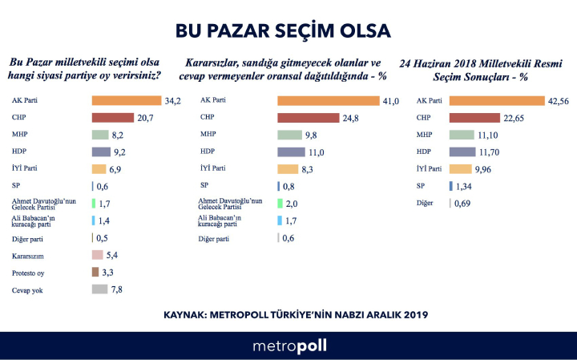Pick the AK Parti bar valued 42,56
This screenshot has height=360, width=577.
tap(497, 101)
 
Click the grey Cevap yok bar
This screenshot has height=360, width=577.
tap(100, 289)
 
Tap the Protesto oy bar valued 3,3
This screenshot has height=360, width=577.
tap(95, 272)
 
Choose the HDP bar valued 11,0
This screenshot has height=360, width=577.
tap(291, 152)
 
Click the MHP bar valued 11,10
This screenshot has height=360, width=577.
tap(462, 135)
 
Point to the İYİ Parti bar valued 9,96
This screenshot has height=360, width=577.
tap(461, 168)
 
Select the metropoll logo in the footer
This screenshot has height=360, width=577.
tap(289, 346)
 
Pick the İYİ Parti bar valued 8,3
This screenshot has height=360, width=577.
tap(288, 168)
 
